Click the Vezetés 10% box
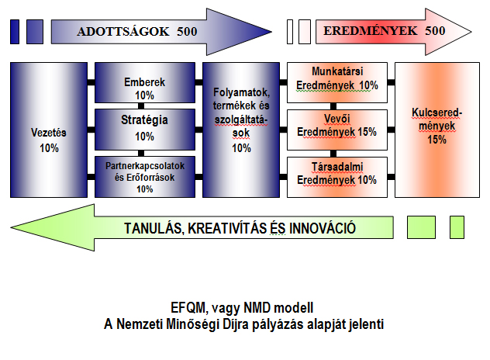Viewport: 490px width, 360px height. (49, 130)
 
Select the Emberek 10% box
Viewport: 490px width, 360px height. (145, 82)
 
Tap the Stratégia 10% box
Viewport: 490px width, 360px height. (145, 130)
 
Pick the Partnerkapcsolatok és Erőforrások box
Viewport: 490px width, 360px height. (145, 177)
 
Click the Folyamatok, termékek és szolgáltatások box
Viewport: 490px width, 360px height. (241, 130)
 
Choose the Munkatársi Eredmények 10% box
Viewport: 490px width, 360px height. (337, 82)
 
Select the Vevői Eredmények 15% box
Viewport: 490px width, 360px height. (337, 130)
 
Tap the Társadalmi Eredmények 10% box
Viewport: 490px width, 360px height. (337, 177)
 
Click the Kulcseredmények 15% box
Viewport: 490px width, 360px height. (437, 130)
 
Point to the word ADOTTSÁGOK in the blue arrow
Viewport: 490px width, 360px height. (123, 32)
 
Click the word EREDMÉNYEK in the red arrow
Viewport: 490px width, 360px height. (371, 31)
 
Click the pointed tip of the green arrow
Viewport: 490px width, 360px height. (11, 227)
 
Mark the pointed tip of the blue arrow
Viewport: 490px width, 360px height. (271, 32)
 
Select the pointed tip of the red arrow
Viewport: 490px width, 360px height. (471, 32)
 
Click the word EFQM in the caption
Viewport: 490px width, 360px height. (188, 308)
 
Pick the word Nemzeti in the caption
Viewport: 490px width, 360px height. (140, 324)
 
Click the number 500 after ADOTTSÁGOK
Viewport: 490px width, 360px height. (187, 32)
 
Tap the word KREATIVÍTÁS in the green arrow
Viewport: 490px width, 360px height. (227, 228)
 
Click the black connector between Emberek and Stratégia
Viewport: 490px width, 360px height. (141, 106)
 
